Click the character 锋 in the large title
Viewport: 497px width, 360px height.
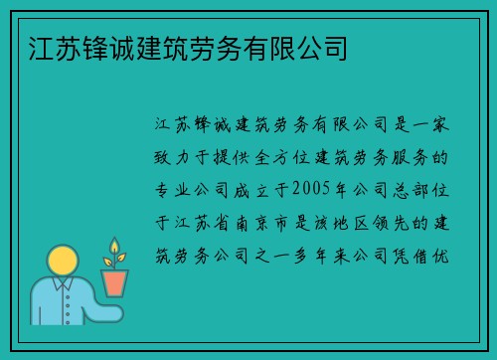tap(95, 49)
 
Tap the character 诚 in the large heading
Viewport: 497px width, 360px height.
tap(122, 49)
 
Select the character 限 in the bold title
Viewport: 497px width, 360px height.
tap(282, 49)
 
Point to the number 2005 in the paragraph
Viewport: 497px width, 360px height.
tap(311, 188)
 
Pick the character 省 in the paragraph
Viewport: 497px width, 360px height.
tap(222, 223)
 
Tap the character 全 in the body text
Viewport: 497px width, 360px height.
tap(262, 157)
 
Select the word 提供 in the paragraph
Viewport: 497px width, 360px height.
tap(232, 157)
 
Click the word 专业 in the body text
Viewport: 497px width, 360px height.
tap(172, 190)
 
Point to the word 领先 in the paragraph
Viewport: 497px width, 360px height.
tap(391, 223)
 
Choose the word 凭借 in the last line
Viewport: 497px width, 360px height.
tap(411, 256)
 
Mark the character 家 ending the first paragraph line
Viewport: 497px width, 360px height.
tap(440, 124)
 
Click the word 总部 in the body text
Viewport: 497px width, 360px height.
tap(411, 190)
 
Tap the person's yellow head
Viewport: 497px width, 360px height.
tap(63, 261)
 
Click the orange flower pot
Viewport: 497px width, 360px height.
tap(114, 282)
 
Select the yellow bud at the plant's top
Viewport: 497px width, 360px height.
tap(114, 246)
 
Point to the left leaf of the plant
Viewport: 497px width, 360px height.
tap(108, 262)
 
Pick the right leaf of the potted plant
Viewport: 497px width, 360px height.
tap(121, 258)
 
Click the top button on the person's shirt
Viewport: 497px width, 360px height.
tap(68, 297)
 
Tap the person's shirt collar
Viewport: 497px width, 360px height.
tap(63, 282)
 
